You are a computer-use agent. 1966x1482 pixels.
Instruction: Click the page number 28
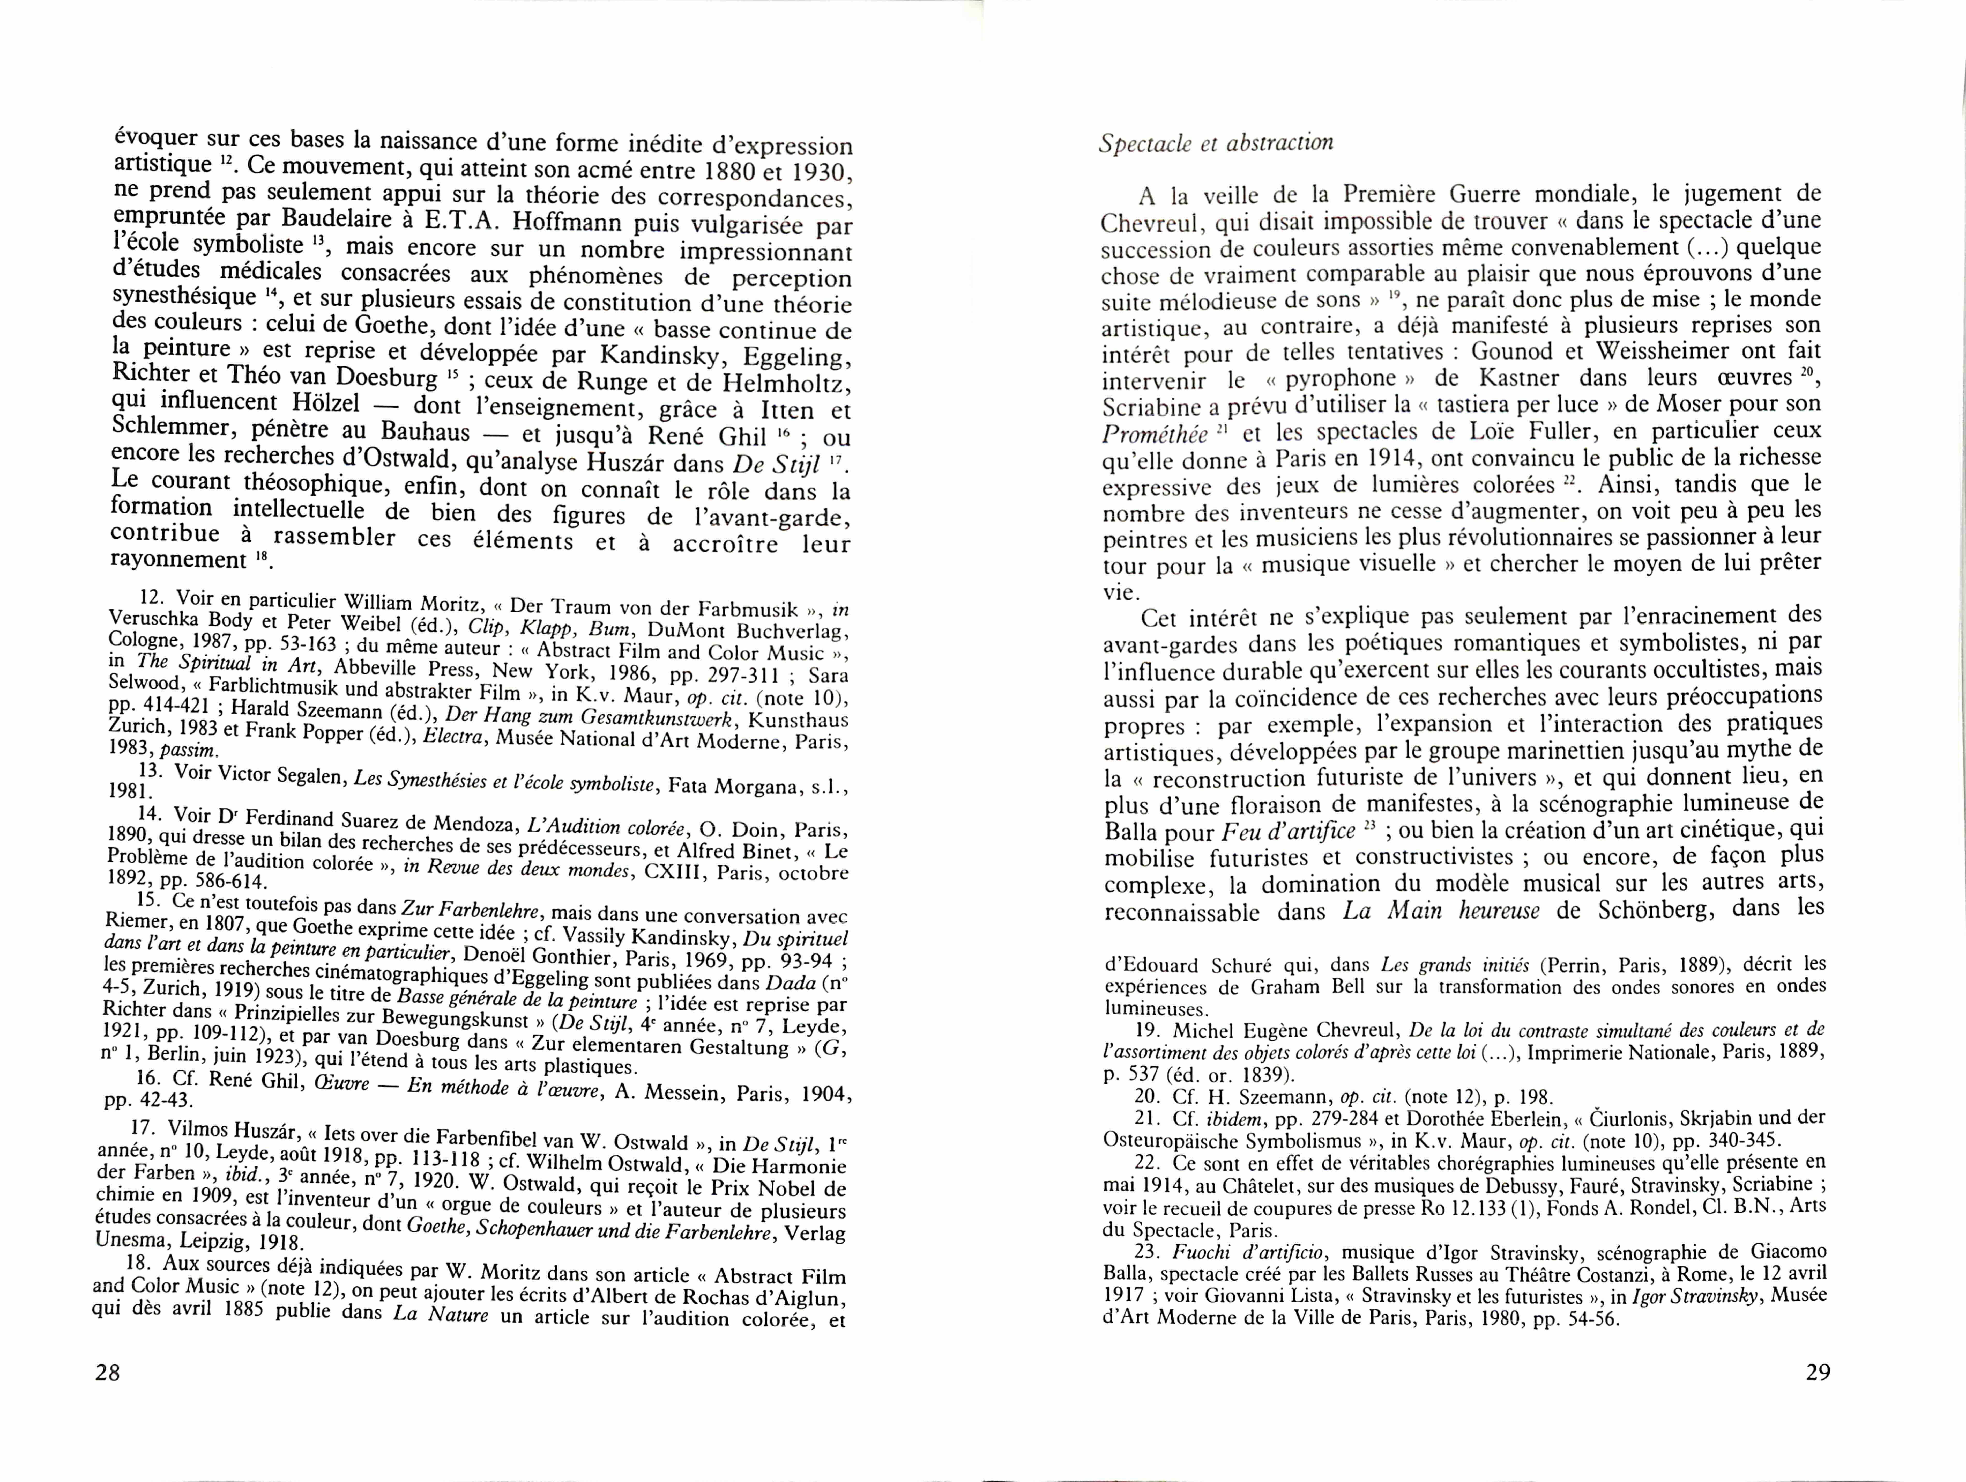click(108, 1372)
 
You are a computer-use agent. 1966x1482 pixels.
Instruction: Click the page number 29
click(1819, 1372)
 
